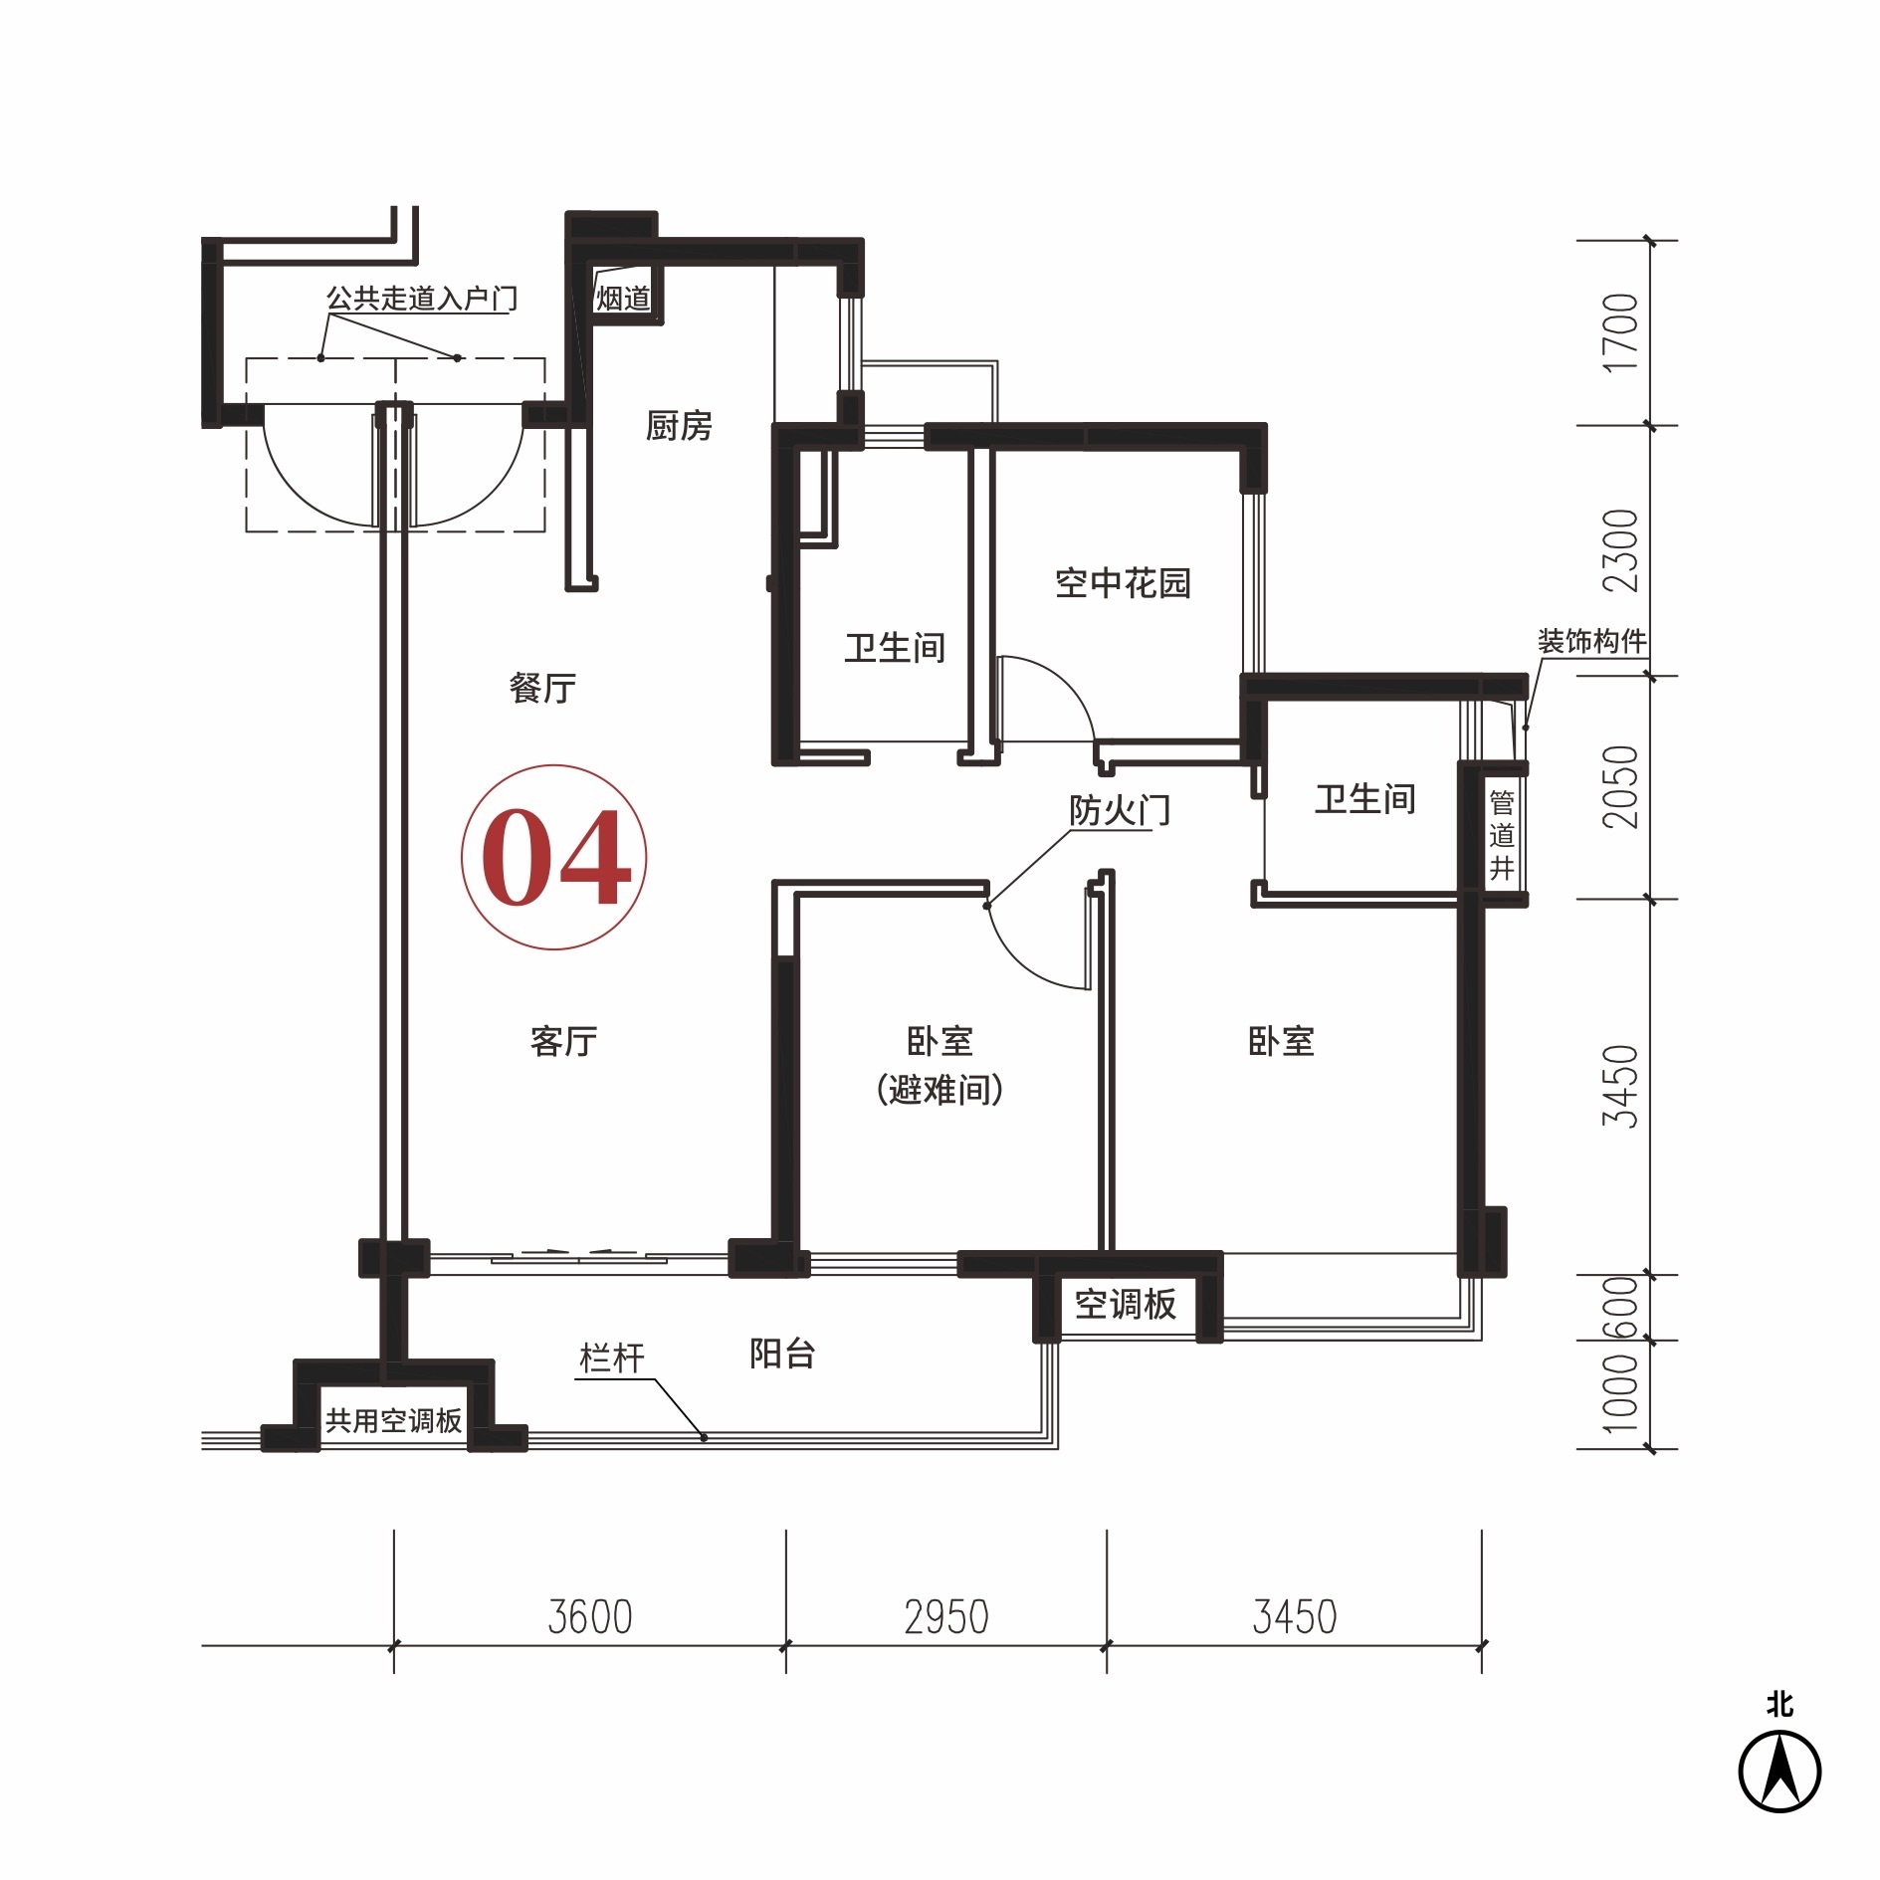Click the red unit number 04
coord(555,857)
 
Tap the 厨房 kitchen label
coord(679,426)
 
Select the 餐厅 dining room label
coord(542,688)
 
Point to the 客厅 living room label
coord(563,1041)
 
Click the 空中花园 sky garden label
coord(1123,582)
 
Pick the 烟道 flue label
coord(623,298)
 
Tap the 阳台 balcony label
coord(782,1354)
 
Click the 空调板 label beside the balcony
coord(1126,1304)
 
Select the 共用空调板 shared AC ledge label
coord(394,1420)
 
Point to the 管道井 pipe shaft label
coord(1502,835)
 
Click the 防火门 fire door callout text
coord(1120,810)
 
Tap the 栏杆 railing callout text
coord(612,1358)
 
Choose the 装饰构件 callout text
coord(1591,641)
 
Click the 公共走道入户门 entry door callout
coord(422,298)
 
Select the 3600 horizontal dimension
coord(590,1617)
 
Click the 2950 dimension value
coord(946,1617)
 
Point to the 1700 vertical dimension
coord(1620,332)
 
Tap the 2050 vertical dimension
coord(1620,787)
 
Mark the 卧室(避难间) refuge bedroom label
coord(940,1065)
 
